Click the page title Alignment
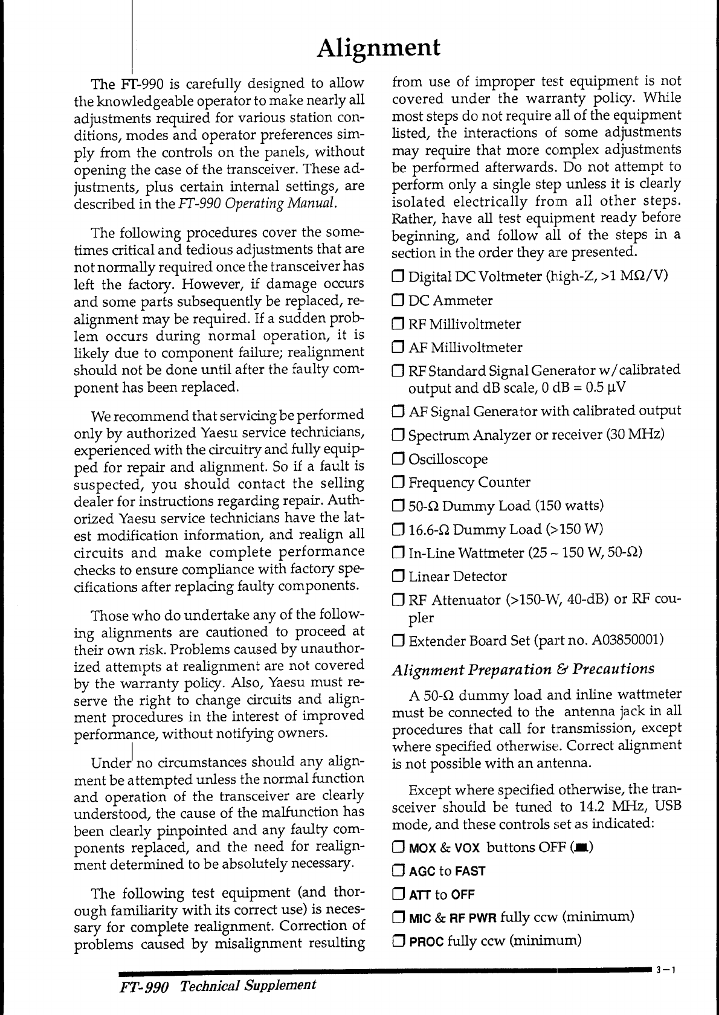[x=379, y=47]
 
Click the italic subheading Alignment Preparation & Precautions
[x=523, y=669]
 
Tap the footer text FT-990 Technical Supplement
[x=217, y=985]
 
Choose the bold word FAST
[x=470, y=872]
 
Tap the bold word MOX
[x=422, y=848]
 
